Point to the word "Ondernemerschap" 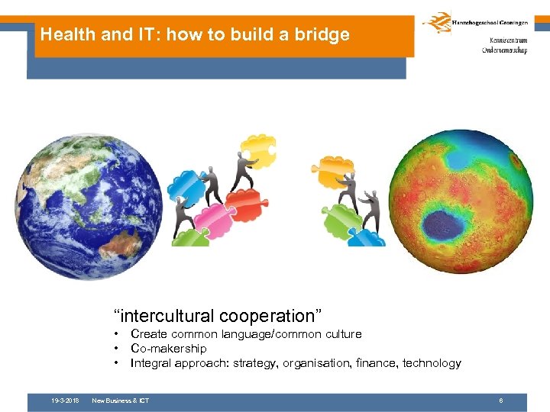pyautogui.click(x=505, y=50)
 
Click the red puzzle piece pyautogui.click(x=244, y=202)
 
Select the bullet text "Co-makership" pyautogui.click(x=169, y=349)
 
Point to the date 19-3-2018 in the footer pyautogui.click(x=65, y=401)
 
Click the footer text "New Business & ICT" pyautogui.click(x=120, y=401)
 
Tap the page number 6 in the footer pyautogui.click(x=500, y=401)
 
